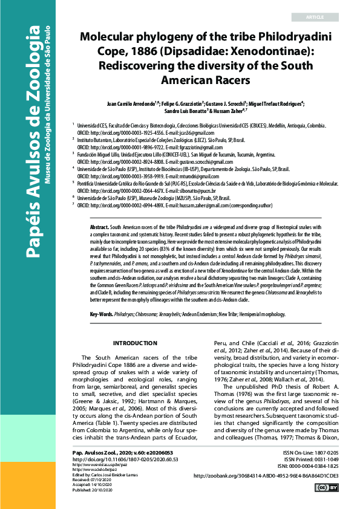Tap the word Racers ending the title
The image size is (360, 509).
215,79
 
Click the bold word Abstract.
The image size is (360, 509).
100,225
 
